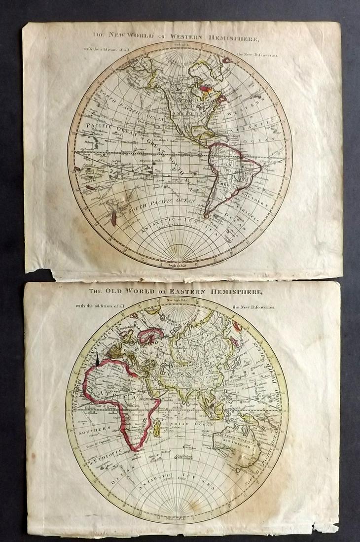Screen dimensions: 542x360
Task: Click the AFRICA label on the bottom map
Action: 115,394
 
